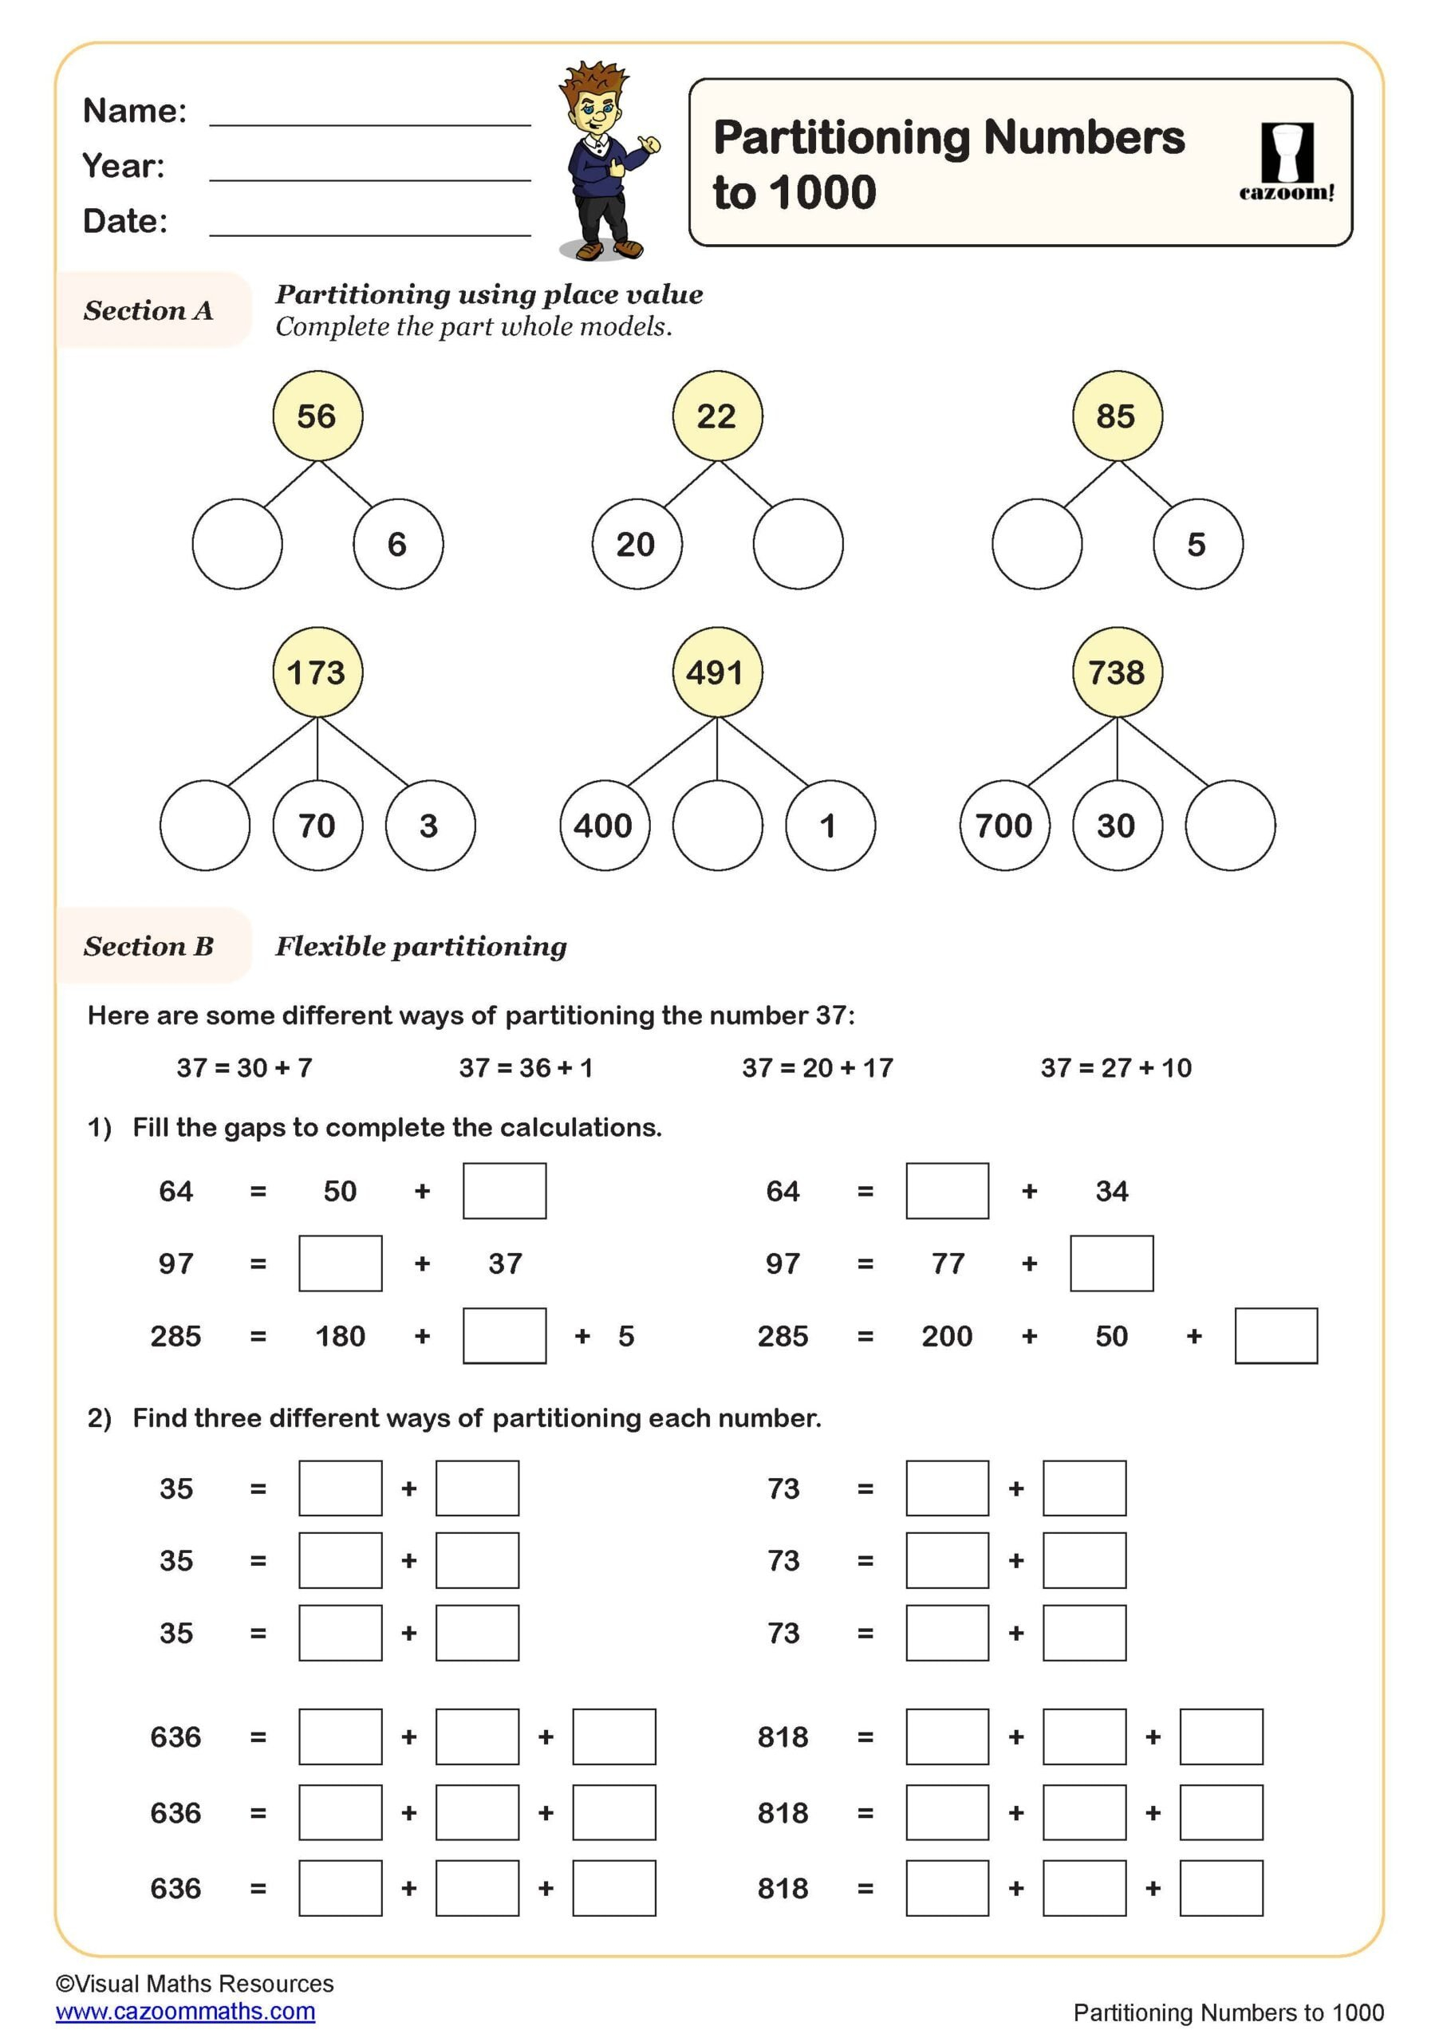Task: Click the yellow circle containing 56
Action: pos(317,416)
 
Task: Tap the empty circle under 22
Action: pos(797,543)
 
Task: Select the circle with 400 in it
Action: pos(604,825)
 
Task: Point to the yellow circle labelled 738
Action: pos(1116,672)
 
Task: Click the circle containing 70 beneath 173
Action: pos(317,825)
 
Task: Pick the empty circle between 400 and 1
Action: pos(717,825)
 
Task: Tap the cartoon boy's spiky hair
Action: pos(593,80)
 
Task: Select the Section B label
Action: pos(148,945)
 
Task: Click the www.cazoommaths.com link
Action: pos(185,2011)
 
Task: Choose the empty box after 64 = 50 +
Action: pos(504,1190)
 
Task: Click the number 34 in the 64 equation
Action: pos(1111,1190)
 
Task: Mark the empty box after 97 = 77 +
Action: pos(1111,1262)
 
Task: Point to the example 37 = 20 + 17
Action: pos(818,1067)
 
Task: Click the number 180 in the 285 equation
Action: pos(340,1335)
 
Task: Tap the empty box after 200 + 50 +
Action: pos(1275,1335)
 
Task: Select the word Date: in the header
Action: pos(124,221)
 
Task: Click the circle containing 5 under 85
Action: pos(1197,543)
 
